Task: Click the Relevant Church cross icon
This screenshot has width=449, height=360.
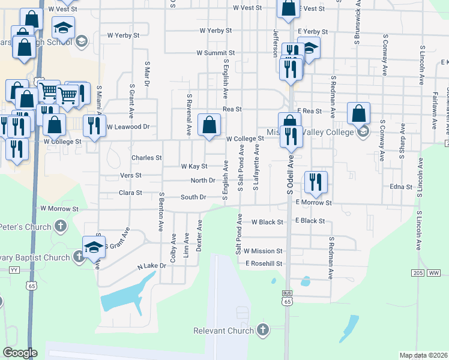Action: tap(262, 329)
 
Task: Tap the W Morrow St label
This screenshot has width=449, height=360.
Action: tap(59, 209)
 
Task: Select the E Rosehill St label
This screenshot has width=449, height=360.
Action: tap(264, 263)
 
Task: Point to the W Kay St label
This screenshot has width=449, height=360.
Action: tap(194, 166)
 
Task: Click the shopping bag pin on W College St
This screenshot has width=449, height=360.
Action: tap(209, 125)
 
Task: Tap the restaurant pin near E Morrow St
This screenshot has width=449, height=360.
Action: tap(315, 182)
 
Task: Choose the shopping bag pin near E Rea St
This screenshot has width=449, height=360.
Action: tap(358, 113)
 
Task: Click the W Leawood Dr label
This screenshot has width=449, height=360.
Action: tap(128, 127)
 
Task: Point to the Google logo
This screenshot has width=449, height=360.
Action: tap(20, 353)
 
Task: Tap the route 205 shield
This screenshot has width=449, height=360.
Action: tap(418, 272)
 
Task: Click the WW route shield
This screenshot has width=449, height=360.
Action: tap(433, 272)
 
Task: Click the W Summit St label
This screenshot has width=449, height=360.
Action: tap(215, 53)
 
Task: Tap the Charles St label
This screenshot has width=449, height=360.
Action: tap(146, 158)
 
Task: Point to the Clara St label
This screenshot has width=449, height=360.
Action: tap(130, 193)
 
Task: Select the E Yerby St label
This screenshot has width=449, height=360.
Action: tap(312, 31)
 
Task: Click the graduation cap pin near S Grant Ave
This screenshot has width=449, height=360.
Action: tap(94, 247)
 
